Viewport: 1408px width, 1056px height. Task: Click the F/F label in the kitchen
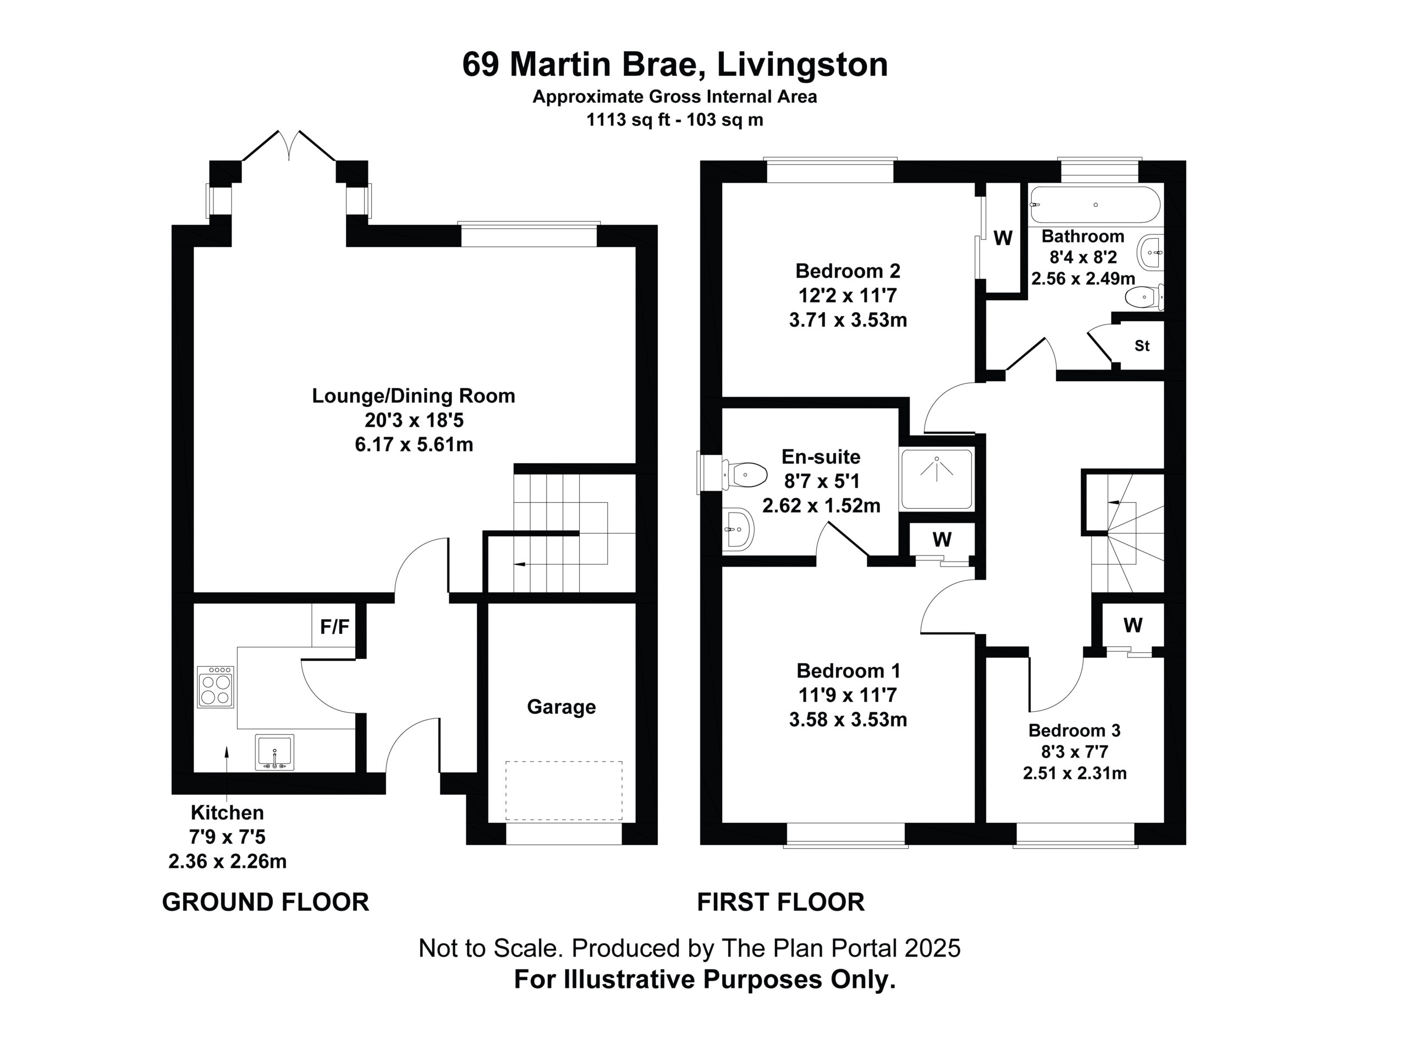pos(334,627)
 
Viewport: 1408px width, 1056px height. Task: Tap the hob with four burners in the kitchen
pos(216,687)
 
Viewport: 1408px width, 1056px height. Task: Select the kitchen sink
pos(274,752)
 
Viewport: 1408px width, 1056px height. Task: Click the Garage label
pos(561,707)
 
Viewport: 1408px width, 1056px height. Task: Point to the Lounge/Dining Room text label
pos(413,396)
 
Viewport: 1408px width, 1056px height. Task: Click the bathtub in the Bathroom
pos(1095,205)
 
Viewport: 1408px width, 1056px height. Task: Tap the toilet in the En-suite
pos(744,474)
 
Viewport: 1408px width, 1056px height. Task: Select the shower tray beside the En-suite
pos(936,479)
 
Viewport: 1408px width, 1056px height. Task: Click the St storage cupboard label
pos(1142,345)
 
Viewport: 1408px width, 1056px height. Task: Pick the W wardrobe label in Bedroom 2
pos(1003,238)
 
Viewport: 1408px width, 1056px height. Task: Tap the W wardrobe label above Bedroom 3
pos(1132,625)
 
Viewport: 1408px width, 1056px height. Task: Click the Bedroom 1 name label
pos(848,670)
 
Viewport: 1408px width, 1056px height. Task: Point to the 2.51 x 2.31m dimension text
pos(1075,773)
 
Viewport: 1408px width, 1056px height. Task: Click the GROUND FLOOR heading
pos(266,902)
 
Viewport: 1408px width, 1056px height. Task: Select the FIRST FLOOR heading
pos(780,902)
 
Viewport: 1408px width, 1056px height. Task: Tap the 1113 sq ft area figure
pos(628,120)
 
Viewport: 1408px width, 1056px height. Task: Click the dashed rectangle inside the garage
pos(564,790)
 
